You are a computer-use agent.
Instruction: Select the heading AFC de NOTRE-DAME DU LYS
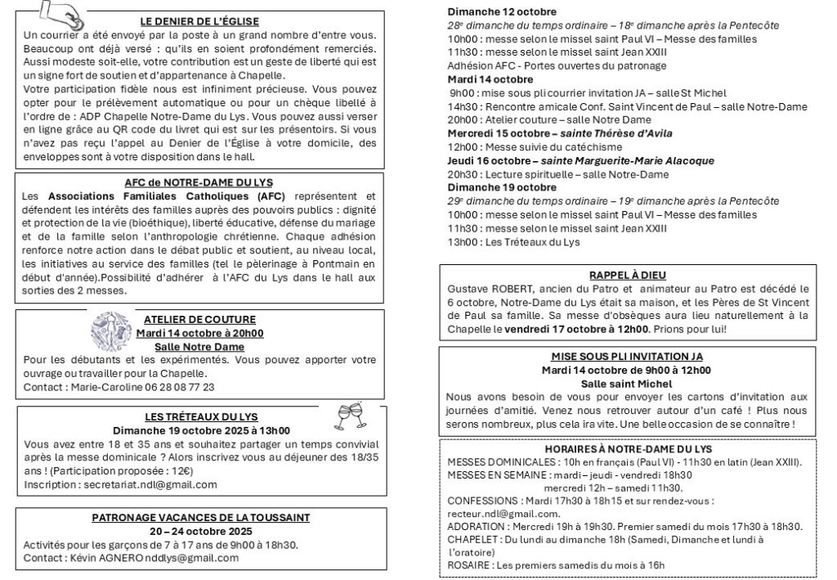tap(199, 182)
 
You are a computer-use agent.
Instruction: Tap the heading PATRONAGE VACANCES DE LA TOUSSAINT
tap(199, 517)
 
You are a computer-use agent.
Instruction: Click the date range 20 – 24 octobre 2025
tap(199, 530)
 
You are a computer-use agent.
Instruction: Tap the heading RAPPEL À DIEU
tap(627, 275)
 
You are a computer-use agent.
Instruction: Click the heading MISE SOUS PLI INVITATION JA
tap(627, 356)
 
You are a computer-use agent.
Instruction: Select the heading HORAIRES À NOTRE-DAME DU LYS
tap(627, 449)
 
